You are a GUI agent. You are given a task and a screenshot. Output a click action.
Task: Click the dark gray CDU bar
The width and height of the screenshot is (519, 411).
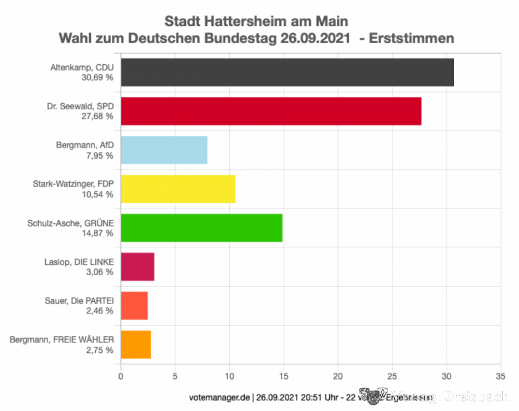(287, 72)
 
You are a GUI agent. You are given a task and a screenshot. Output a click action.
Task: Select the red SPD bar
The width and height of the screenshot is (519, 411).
(271, 111)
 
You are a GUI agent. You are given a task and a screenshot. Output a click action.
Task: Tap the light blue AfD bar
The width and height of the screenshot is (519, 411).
(164, 150)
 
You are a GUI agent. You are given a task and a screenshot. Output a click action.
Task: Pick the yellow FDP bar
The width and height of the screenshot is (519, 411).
(178, 189)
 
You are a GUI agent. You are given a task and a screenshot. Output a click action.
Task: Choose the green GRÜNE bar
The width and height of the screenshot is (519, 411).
(201, 228)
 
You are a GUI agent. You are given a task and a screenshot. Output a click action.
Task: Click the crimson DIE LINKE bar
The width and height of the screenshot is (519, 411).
(137, 267)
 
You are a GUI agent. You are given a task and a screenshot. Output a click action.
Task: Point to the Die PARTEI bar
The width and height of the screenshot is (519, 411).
(134, 305)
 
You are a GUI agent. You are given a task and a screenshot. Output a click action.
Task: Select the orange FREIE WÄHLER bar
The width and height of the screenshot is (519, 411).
(135, 344)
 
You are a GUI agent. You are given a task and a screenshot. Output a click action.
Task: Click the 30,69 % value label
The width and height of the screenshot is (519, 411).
(97, 77)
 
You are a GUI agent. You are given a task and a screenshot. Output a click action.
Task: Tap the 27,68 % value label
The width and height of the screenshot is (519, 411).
(97, 116)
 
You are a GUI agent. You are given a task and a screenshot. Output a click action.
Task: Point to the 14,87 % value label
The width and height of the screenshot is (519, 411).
(97, 233)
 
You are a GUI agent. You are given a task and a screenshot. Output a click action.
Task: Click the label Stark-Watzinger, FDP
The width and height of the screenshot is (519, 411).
(73, 184)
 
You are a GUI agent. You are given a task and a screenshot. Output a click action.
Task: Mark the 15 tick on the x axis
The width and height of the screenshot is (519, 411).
(284, 375)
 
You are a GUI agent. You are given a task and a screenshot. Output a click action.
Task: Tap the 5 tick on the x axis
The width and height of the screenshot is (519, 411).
(175, 375)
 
